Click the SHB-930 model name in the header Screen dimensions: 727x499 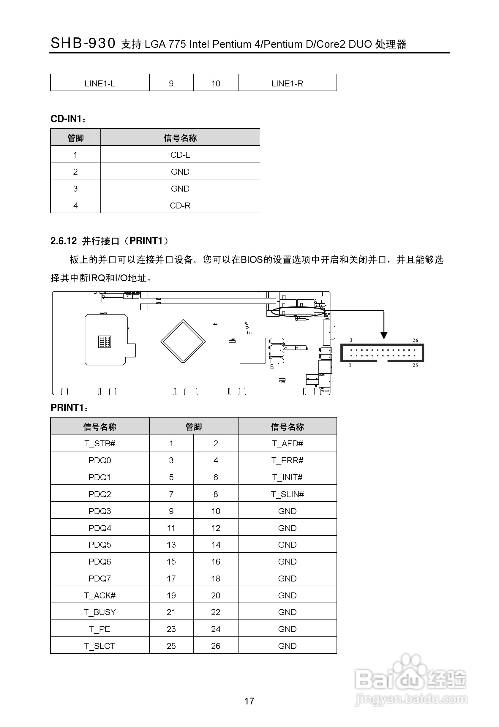(x=83, y=43)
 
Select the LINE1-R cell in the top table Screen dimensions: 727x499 (x=287, y=83)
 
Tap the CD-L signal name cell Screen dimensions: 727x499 (x=180, y=155)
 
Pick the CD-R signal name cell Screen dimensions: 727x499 (x=180, y=206)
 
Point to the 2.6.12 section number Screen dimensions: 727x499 (x=64, y=241)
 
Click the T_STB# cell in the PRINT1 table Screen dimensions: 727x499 (x=100, y=444)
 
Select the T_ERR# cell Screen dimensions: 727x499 (x=287, y=461)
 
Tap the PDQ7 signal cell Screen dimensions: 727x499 (x=100, y=579)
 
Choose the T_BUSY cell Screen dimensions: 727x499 (x=100, y=612)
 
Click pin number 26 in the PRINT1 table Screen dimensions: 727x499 (x=216, y=646)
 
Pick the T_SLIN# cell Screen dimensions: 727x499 (x=287, y=494)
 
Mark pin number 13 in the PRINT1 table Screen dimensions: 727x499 (x=171, y=545)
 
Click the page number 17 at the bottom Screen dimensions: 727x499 (x=249, y=701)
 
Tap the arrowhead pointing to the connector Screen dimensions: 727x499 (x=384, y=336)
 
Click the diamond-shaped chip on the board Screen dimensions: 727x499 (x=183, y=341)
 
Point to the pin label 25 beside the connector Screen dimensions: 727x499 (x=415, y=365)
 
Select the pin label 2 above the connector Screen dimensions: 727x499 (x=351, y=340)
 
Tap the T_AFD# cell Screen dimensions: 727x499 (x=287, y=444)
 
